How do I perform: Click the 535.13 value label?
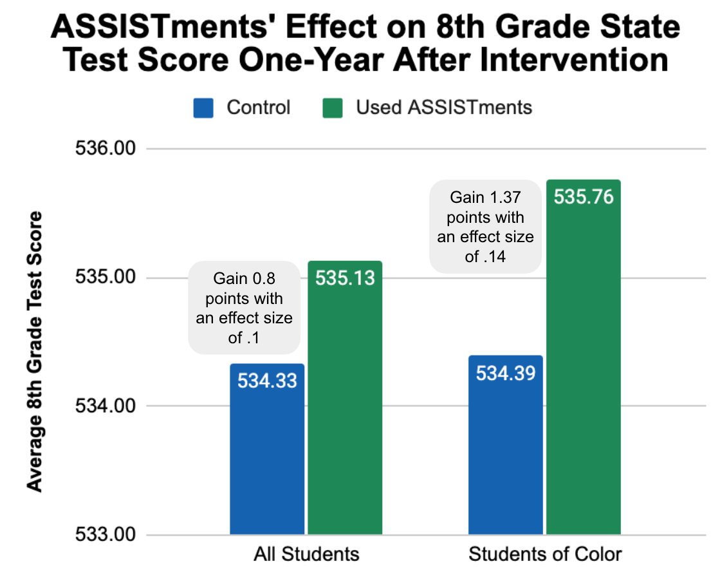click(345, 278)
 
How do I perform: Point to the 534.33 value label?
click(267, 381)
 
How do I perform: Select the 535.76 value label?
click(584, 197)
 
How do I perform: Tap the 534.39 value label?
click(506, 373)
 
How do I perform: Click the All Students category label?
click(306, 555)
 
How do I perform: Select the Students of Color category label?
click(545, 555)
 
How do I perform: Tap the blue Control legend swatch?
click(203, 108)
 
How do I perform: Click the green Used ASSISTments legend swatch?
click(332, 108)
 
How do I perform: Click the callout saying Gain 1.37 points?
click(486, 227)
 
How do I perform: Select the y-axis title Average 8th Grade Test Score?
click(35, 351)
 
